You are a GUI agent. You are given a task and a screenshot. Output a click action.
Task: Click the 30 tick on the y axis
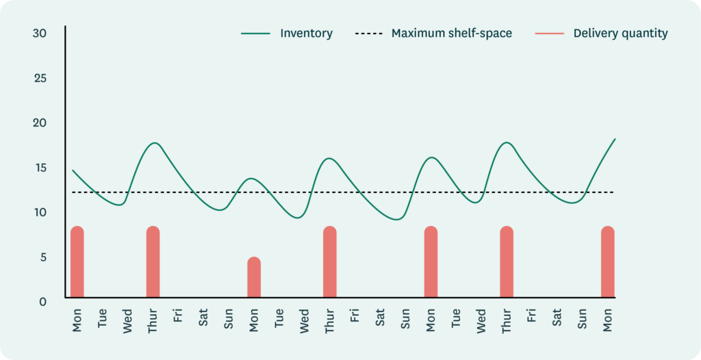40,33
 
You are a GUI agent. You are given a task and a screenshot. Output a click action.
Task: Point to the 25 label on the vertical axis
40,78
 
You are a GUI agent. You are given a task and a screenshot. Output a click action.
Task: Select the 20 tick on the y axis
40,123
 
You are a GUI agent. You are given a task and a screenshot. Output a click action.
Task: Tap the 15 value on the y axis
40,168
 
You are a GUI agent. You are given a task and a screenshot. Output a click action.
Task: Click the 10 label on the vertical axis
40,212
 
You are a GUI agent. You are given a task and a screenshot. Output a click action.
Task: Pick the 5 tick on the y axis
43,257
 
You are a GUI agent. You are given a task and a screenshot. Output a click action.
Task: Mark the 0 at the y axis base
43,300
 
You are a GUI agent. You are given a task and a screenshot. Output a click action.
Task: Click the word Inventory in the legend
306,34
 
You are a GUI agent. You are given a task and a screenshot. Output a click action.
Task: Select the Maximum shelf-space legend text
451,34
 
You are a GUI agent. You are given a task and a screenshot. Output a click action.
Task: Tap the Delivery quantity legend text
620,34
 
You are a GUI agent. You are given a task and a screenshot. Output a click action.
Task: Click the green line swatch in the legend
257,34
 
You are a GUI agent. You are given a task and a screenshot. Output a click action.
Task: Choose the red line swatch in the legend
550,34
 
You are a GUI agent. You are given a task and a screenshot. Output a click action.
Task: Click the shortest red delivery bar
254,277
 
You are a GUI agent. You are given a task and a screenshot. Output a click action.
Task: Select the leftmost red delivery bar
77,262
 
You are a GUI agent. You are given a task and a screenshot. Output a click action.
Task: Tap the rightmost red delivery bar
608,262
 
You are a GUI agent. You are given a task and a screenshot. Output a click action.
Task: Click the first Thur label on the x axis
153,319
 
